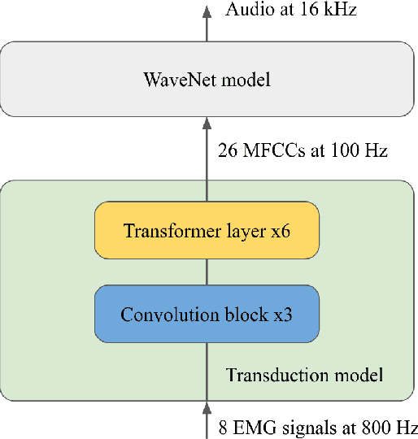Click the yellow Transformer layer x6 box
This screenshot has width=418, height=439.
[x=206, y=231]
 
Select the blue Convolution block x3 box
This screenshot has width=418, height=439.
[x=206, y=314]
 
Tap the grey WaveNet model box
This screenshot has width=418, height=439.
[x=206, y=80]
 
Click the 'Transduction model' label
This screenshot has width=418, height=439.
[x=304, y=375]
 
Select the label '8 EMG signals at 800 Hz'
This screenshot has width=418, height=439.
[x=317, y=428]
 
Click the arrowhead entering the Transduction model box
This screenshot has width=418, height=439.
[x=206, y=406]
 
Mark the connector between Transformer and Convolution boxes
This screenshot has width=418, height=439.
[x=206, y=272]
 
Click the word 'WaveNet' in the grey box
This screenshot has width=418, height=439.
[x=172, y=80]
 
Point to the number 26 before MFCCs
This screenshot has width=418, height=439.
[x=226, y=150]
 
